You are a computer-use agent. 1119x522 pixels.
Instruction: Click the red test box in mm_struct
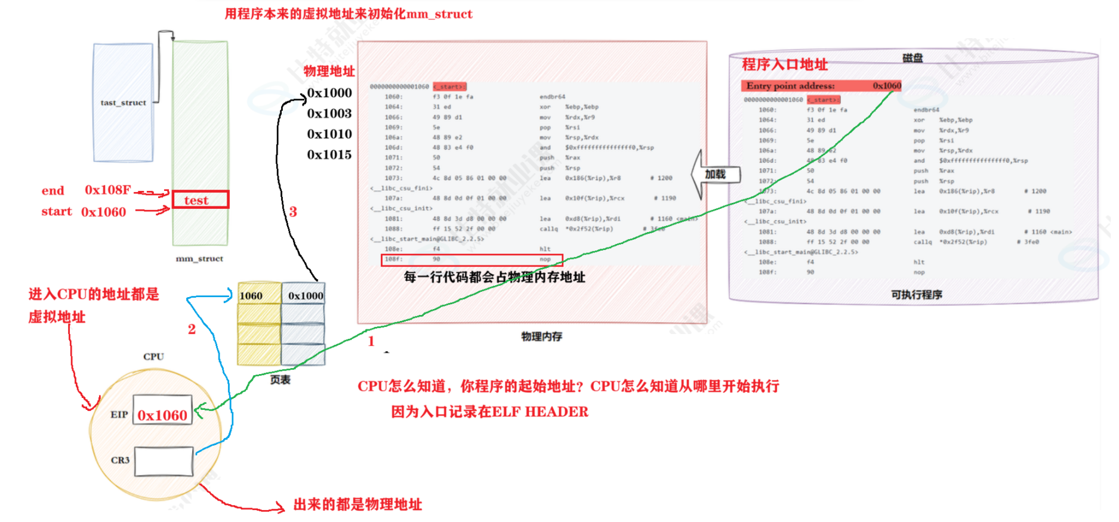(x=200, y=200)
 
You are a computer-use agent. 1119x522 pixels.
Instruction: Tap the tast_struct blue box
(x=123, y=102)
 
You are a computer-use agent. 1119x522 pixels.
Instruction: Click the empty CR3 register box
(x=164, y=461)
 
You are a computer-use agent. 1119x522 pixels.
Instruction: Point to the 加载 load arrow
(x=715, y=174)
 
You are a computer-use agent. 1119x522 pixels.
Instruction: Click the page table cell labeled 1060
(x=258, y=295)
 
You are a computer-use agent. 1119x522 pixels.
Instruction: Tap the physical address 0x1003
(x=329, y=113)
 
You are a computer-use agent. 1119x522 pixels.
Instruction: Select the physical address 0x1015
(x=329, y=155)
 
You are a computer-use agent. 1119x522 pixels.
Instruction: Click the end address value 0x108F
(x=107, y=190)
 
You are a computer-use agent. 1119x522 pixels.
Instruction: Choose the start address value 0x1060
(x=103, y=212)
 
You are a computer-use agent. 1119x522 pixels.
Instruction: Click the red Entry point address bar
(x=821, y=86)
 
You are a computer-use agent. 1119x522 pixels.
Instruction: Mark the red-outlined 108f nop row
(x=471, y=260)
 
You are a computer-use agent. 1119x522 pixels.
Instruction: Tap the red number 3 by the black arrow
(x=293, y=212)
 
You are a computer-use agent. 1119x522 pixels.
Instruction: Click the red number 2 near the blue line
(x=192, y=329)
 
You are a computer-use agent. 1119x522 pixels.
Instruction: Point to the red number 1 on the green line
(x=371, y=341)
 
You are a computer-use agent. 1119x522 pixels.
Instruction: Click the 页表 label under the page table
(x=280, y=380)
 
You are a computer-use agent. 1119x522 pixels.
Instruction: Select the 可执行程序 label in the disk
(x=916, y=295)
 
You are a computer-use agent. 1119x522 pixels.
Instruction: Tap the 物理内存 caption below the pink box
(x=541, y=336)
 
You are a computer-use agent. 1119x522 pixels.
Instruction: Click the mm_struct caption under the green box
(x=199, y=259)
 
